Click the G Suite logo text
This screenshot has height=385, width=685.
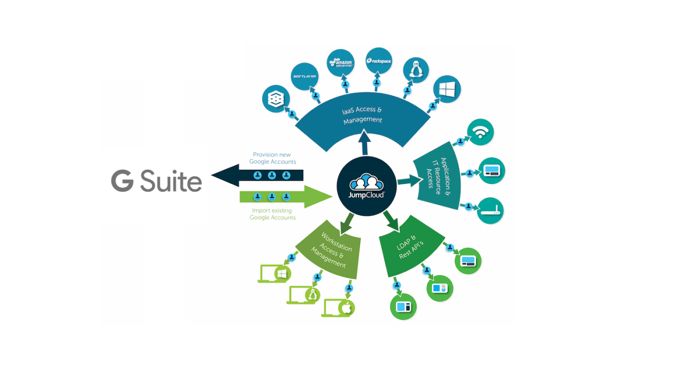point(156,181)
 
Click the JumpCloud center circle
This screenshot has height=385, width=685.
point(366,186)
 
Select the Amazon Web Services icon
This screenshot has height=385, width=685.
point(340,63)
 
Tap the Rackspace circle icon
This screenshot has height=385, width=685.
point(379,61)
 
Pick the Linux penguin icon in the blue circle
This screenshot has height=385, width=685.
point(415,71)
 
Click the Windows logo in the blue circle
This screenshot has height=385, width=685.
point(446,89)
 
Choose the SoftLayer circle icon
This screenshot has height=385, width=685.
point(305,76)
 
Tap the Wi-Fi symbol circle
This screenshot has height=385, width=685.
point(480,132)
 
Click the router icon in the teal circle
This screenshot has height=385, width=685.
point(490,211)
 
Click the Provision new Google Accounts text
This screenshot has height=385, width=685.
point(272,158)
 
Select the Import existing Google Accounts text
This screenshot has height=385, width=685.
point(272,214)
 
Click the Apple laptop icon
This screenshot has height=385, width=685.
point(339,307)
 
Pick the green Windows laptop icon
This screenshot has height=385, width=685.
point(275,273)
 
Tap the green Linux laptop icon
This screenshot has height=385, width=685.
point(305,294)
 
